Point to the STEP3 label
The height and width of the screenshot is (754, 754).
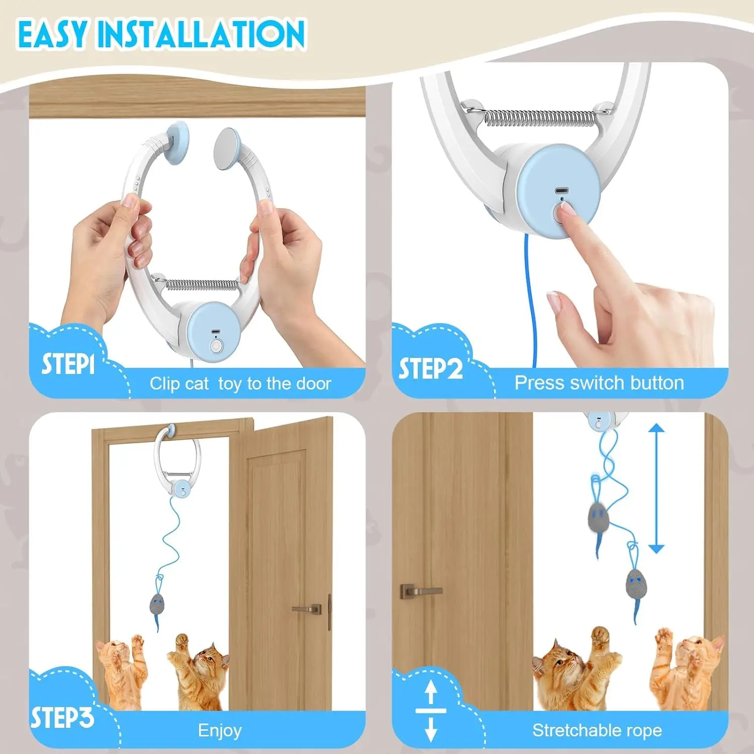[x=62, y=717]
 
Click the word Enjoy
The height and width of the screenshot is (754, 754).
[x=220, y=730]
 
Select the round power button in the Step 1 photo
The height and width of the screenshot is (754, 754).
[x=216, y=346]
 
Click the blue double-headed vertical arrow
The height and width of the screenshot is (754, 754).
[x=656, y=488]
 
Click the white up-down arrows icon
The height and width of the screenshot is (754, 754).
[x=431, y=710]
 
